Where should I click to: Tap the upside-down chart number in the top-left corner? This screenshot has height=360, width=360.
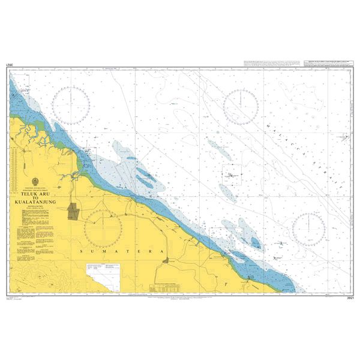coord(9,64)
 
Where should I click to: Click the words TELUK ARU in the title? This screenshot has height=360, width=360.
coord(35,194)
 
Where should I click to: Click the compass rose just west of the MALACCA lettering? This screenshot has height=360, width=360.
coord(241,107)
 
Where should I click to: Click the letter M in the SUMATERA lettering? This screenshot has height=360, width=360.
coord(106,254)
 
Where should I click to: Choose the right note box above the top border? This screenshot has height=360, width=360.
coord(329,63)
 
